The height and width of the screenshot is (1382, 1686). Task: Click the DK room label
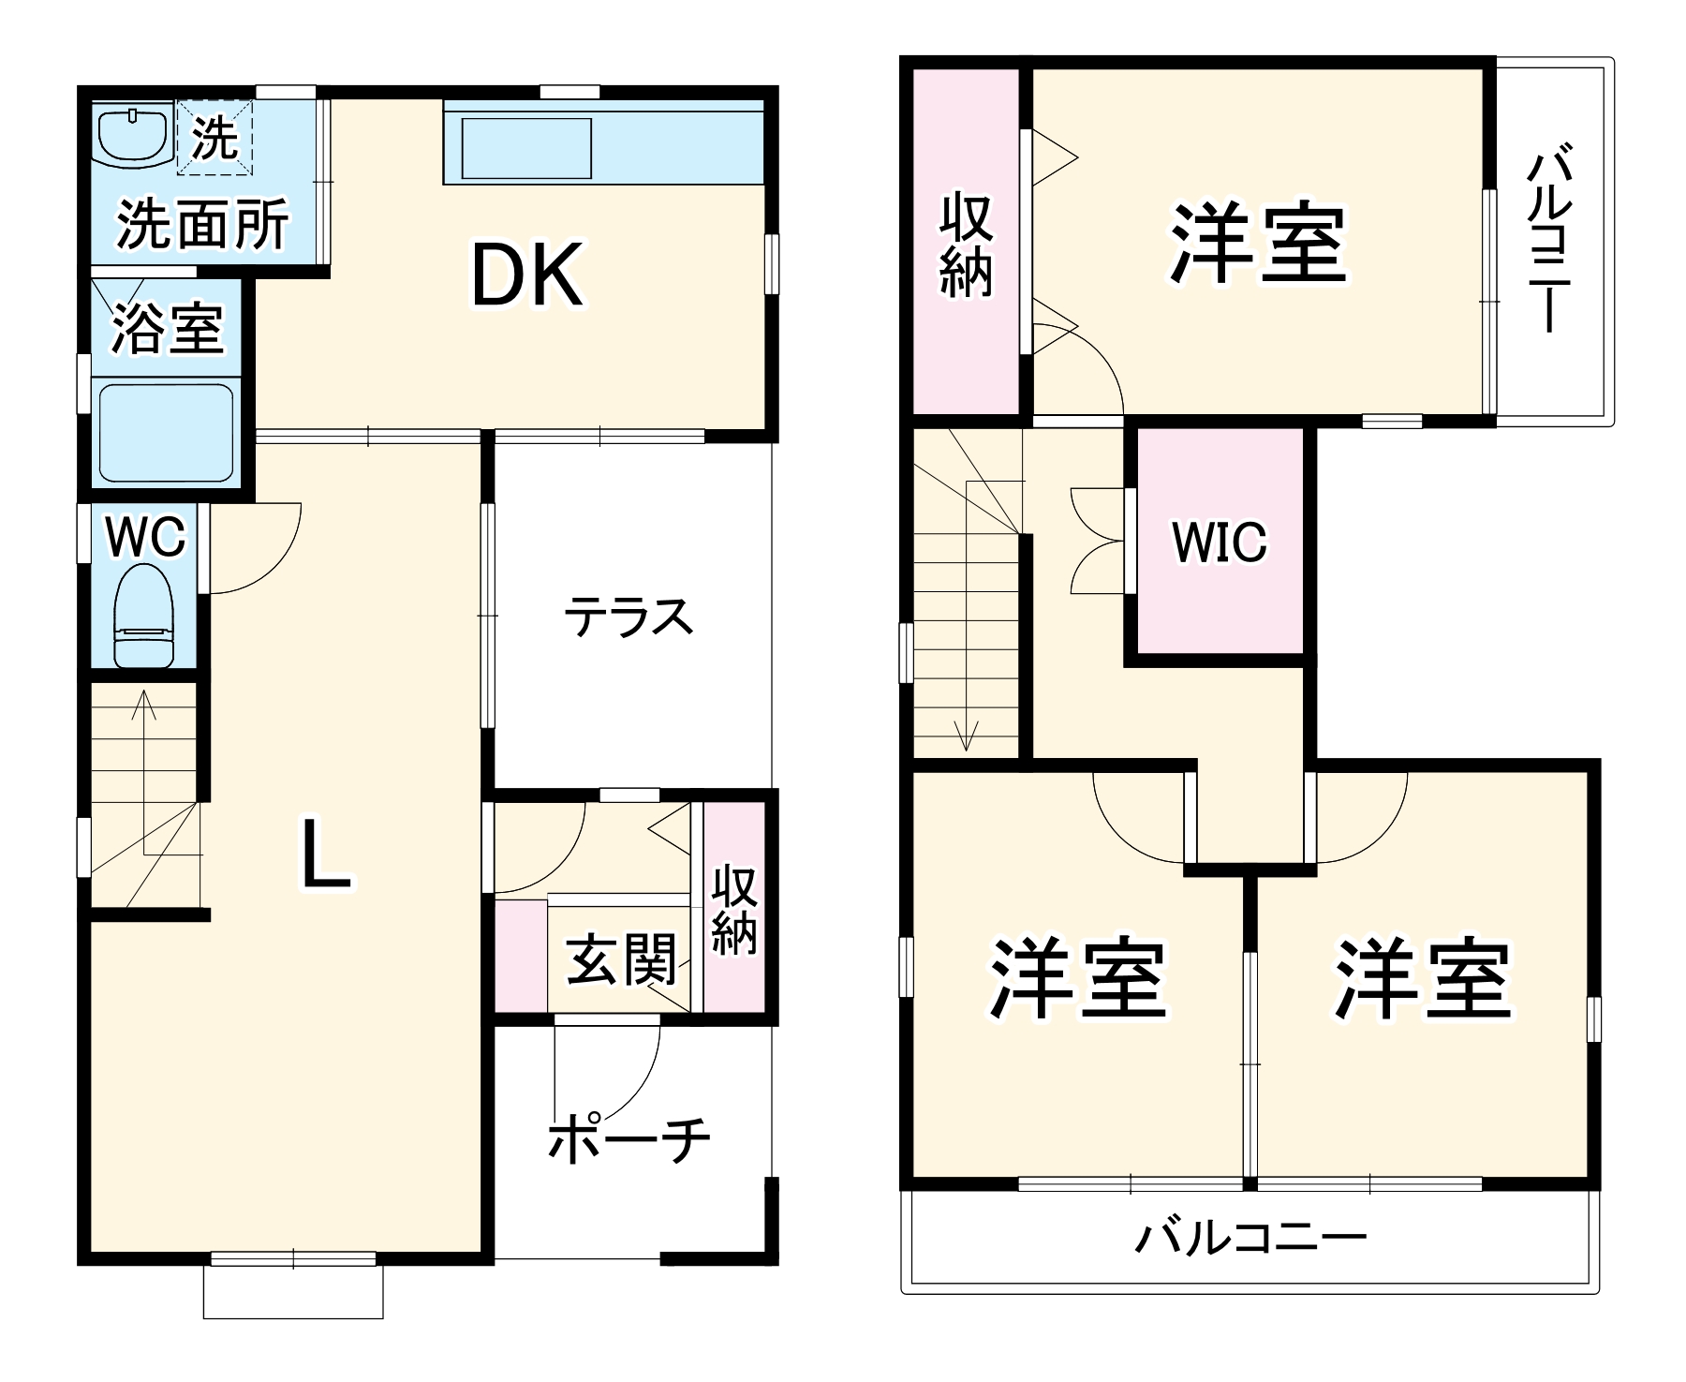527,275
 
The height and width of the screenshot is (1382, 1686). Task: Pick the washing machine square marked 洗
215,138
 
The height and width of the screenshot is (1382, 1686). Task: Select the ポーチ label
629,1139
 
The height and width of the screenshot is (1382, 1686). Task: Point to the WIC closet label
1220,542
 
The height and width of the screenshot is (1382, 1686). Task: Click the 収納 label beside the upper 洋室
966,245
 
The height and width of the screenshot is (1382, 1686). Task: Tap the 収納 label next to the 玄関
733,910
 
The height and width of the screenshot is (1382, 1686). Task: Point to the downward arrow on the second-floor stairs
967,736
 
